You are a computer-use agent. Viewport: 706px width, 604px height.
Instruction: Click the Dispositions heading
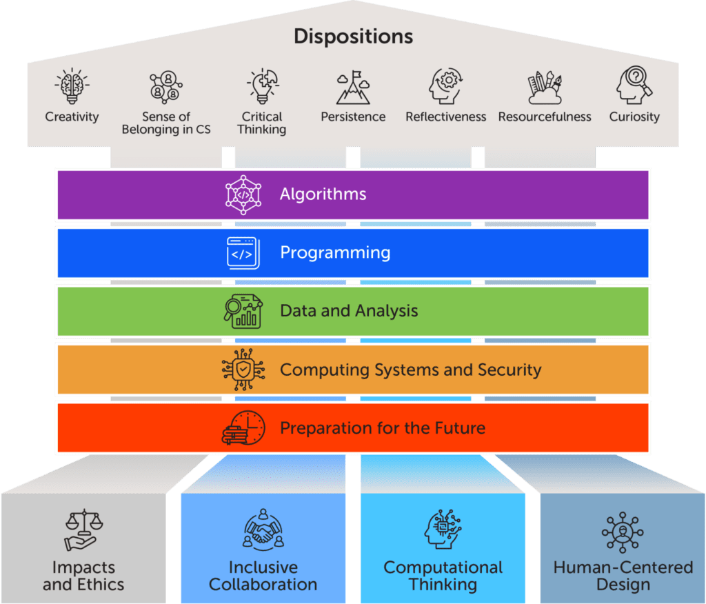pyautogui.click(x=353, y=36)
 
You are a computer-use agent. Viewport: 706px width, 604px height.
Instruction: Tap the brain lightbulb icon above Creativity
pyautogui.click(x=72, y=86)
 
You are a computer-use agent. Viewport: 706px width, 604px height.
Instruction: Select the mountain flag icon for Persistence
pyautogui.click(x=353, y=87)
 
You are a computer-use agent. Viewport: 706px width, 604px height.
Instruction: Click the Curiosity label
pyautogui.click(x=634, y=117)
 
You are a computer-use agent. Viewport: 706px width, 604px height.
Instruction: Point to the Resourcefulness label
pyautogui.click(x=545, y=117)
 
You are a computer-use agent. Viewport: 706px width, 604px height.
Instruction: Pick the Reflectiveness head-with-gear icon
pyautogui.click(x=445, y=85)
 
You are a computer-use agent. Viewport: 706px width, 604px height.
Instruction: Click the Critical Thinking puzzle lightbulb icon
pyautogui.click(x=262, y=85)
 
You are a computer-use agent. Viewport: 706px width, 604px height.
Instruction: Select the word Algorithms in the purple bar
pyautogui.click(x=323, y=194)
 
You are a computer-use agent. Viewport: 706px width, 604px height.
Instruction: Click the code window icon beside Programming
pyautogui.click(x=243, y=253)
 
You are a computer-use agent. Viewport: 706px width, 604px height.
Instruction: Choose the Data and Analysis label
pyautogui.click(x=349, y=311)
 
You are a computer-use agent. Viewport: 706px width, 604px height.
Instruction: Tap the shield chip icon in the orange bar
pyautogui.click(x=243, y=370)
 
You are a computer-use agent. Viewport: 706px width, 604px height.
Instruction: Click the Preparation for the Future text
pyautogui.click(x=382, y=427)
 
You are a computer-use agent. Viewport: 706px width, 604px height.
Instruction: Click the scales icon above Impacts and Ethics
pyautogui.click(x=83, y=530)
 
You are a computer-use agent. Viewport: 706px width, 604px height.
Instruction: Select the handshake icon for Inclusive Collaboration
pyautogui.click(x=263, y=530)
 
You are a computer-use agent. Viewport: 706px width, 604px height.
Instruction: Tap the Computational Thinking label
pyautogui.click(x=443, y=576)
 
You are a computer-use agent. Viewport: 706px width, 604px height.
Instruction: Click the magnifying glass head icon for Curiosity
pyautogui.click(x=634, y=85)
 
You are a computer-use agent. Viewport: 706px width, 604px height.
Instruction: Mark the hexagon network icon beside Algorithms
pyautogui.click(x=243, y=194)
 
